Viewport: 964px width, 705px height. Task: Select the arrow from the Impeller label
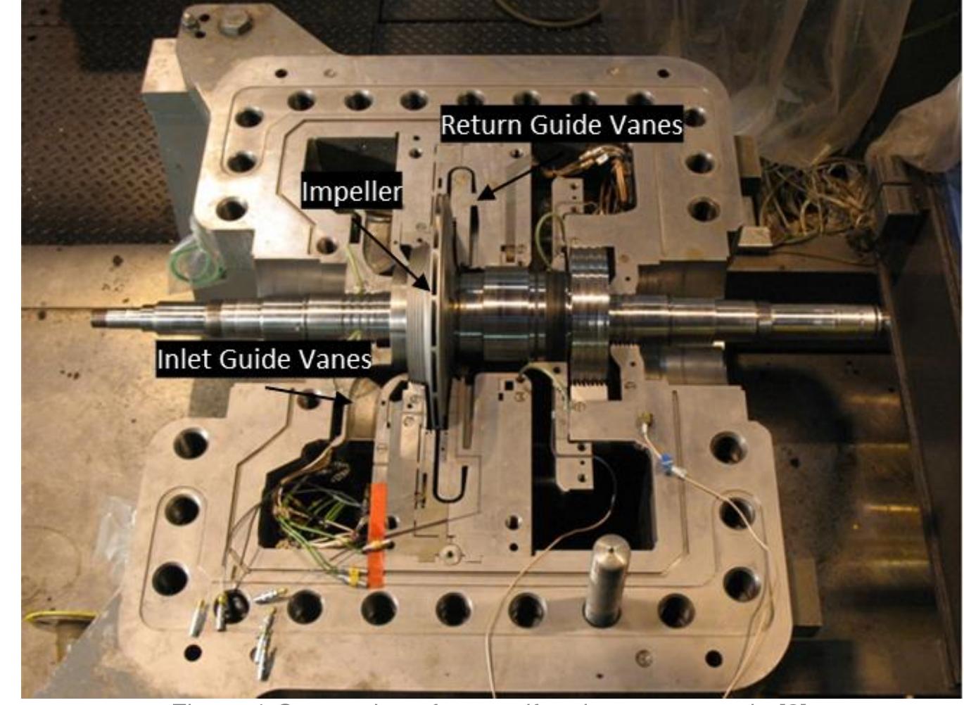[391, 253]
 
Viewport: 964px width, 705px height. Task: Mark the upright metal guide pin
[607, 577]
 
